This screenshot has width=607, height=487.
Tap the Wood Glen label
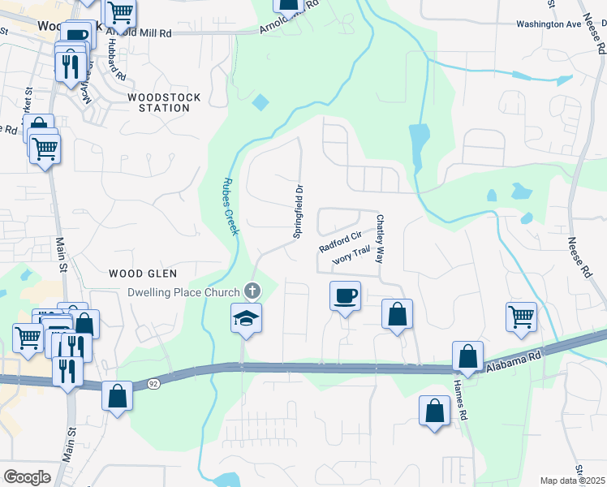144,274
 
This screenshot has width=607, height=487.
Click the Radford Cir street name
339,241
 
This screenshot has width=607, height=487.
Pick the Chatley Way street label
378,239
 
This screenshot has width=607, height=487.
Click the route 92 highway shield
152,383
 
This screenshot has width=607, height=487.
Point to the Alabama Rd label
514,363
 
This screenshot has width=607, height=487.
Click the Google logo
27,477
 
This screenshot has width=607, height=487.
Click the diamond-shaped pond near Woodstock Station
260,103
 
